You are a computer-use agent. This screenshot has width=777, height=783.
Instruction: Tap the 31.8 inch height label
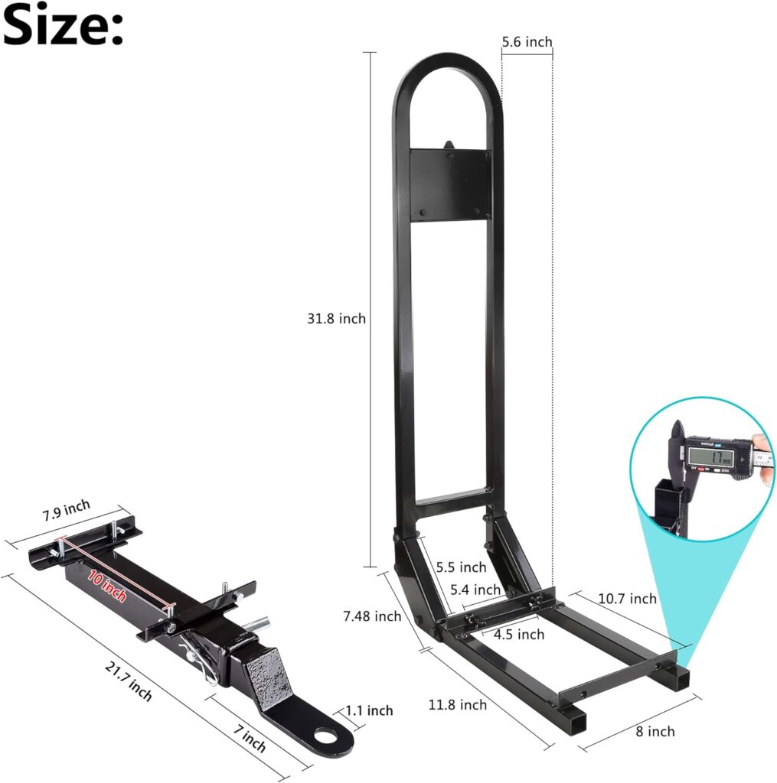click(337, 318)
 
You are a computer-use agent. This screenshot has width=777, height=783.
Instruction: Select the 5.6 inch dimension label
click(527, 42)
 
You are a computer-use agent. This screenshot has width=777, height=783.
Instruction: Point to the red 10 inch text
click(106, 586)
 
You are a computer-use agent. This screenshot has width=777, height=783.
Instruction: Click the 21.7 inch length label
click(128, 681)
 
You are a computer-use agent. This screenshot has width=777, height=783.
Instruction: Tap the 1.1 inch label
click(369, 710)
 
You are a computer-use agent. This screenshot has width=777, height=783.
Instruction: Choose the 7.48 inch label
click(373, 616)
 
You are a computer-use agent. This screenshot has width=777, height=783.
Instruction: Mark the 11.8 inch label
click(459, 703)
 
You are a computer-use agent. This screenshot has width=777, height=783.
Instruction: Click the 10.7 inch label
click(626, 598)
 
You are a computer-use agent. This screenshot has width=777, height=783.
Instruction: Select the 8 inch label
click(655, 731)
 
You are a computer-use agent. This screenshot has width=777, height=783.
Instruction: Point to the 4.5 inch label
click(518, 634)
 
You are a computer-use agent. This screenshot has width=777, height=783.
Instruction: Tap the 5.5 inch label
click(460, 567)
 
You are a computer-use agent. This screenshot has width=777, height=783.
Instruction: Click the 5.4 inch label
click(475, 590)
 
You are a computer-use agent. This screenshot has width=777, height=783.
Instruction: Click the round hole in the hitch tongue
click(334, 739)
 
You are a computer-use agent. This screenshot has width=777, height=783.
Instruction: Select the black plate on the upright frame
click(449, 184)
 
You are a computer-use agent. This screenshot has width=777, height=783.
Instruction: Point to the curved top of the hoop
click(447, 61)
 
